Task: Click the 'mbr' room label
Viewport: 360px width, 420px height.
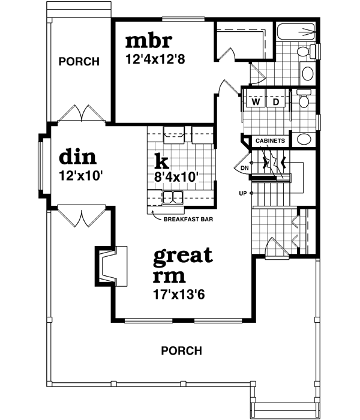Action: pos(149,42)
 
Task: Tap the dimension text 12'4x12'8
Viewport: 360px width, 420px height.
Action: pos(156,60)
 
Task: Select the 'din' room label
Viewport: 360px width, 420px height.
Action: pos(78,157)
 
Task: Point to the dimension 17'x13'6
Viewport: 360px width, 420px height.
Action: pos(179,295)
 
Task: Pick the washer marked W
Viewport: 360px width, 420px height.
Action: pos(256,101)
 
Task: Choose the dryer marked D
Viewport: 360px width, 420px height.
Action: pos(276,101)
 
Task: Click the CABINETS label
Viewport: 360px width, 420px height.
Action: pos(270,141)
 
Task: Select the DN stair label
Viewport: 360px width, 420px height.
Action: pos(244,169)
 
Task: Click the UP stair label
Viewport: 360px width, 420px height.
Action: pos(243,193)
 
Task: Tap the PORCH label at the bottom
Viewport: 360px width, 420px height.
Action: pos(181,351)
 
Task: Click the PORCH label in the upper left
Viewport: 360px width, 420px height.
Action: pos(79,62)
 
